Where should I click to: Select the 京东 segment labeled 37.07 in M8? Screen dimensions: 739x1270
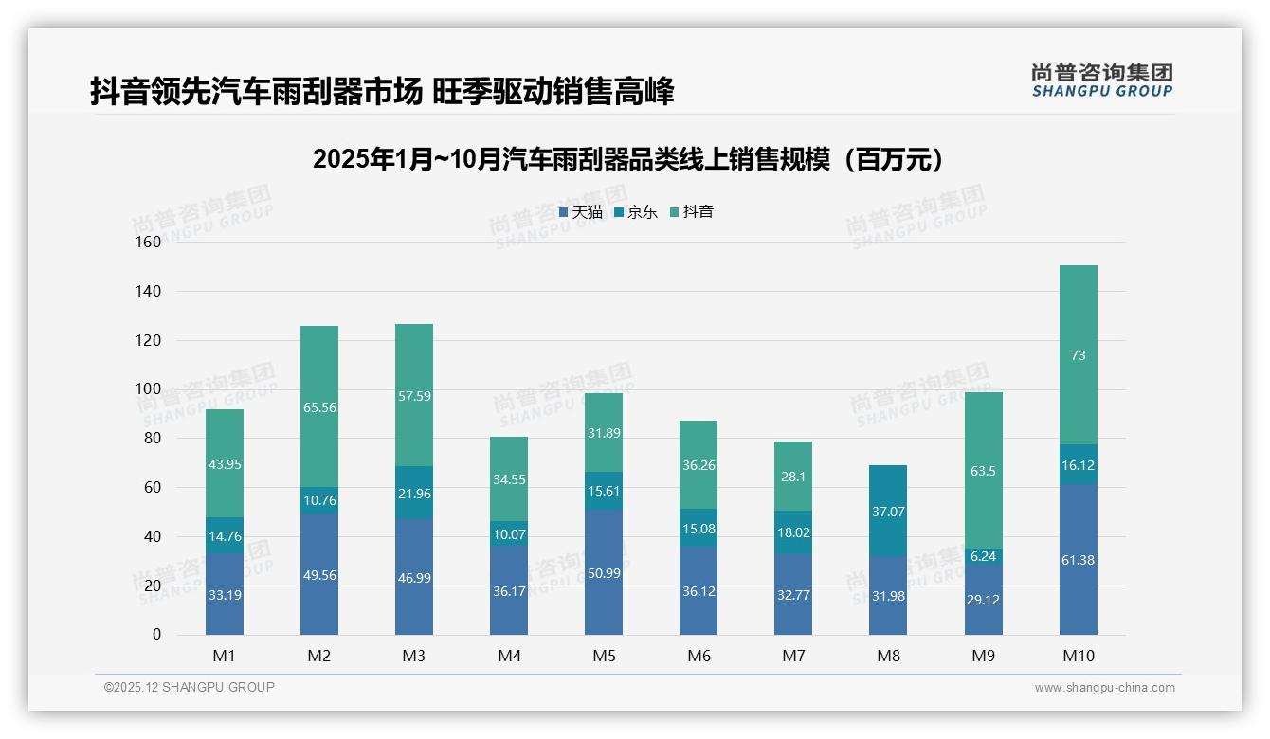[x=888, y=511]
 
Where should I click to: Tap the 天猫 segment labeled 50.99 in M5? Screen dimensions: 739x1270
[x=604, y=571]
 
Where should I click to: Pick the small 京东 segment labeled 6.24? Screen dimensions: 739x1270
[x=983, y=556]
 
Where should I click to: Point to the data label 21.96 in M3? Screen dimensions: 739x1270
[x=414, y=493]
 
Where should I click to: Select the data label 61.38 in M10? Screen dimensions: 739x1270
[x=1078, y=560]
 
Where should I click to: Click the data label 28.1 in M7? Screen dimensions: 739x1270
[x=793, y=477]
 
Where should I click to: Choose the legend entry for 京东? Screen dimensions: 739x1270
[x=636, y=212]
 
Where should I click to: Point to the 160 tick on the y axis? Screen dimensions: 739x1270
[x=149, y=242]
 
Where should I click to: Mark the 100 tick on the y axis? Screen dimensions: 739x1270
[x=149, y=389]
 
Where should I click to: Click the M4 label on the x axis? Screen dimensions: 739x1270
[x=509, y=656]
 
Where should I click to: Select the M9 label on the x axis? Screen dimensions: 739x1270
[x=983, y=656]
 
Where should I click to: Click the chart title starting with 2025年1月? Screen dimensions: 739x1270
[x=633, y=160]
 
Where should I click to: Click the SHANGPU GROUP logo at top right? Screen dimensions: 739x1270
[x=1101, y=81]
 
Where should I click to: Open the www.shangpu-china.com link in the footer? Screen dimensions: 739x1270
[x=1104, y=688]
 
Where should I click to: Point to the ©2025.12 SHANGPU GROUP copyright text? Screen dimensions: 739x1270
[x=190, y=687]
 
